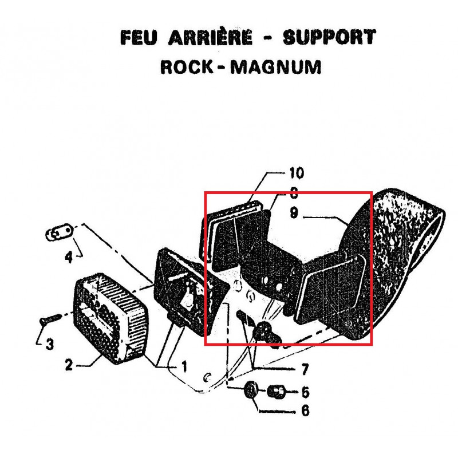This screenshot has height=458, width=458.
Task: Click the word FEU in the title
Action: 139,37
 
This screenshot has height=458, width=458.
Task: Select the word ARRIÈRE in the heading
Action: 210,37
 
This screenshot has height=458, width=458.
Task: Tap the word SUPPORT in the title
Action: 330,37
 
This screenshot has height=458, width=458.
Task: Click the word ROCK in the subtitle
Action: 187,67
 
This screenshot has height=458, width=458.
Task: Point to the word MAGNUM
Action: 276,67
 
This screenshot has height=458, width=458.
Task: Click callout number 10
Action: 297,173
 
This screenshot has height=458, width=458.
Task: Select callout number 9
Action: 294,212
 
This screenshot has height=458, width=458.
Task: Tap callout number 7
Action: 305,369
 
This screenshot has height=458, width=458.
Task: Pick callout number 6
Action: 305,410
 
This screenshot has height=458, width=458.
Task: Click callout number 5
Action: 305,392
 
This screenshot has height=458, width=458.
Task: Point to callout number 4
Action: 69,257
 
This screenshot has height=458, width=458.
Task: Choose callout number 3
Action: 50,344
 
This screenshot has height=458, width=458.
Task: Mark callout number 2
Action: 69,365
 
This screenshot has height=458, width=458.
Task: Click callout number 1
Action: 184,366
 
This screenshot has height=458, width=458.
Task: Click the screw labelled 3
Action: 50,319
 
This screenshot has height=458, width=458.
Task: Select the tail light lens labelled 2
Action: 110,319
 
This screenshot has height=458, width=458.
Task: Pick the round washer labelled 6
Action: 251,390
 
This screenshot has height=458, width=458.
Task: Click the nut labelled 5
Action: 276,392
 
